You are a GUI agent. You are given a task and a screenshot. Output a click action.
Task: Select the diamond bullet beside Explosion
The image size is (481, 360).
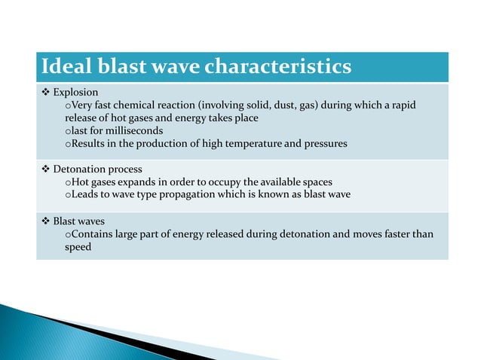44,92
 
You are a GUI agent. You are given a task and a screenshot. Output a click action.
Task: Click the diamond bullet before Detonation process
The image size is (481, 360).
44,169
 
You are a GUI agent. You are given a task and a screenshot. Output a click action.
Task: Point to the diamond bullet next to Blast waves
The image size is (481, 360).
44,221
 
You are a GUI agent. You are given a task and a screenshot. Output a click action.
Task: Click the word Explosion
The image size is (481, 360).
75,92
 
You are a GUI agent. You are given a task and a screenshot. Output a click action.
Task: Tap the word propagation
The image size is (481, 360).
179,195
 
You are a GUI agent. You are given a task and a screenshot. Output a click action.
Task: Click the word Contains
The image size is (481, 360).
91,234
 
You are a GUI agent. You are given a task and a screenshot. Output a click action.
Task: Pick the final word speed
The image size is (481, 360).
77,247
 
